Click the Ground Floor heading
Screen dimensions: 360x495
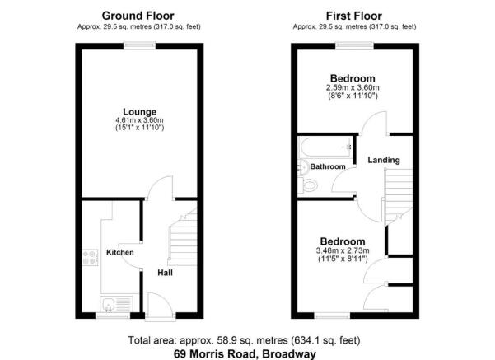[137, 15]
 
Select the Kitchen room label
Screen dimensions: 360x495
[120, 252]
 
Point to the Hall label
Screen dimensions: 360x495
[165, 273]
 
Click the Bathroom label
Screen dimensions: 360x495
[327, 166]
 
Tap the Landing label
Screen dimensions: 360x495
[384, 160]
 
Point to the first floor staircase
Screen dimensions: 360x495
[398, 193]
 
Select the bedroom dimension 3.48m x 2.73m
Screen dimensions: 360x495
[342, 250]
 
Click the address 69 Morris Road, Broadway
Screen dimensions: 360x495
[245, 353]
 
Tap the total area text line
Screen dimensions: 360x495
[245, 339]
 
